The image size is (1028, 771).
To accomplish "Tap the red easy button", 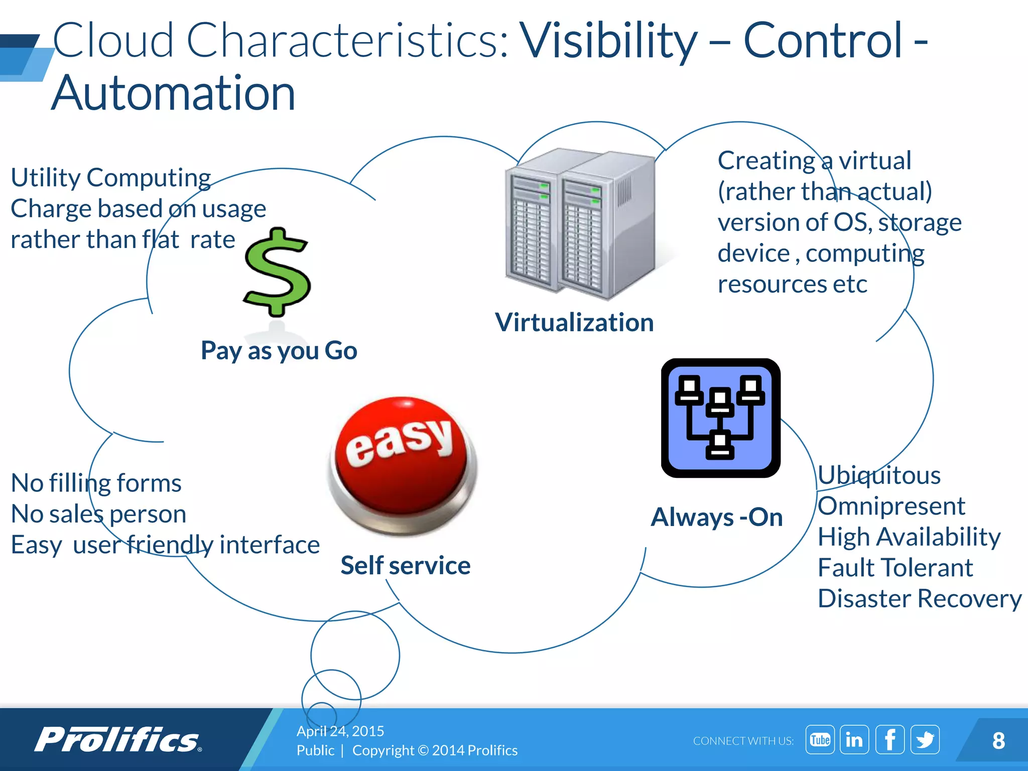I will [x=402, y=464].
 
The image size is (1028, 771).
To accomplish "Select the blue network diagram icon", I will [x=720, y=418].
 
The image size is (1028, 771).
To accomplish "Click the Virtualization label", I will [x=574, y=322].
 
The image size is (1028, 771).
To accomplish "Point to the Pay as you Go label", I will [x=279, y=350].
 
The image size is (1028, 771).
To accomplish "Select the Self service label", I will [x=406, y=566].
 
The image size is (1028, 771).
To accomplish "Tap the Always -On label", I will [x=717, y=517].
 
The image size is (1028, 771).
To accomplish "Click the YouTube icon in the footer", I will [x=820, y=739].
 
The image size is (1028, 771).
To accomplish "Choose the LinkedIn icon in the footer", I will [x=854, y=739].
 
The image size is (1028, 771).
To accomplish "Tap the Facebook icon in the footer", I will [x=889, y=739].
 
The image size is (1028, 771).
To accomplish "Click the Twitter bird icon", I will [x=925, y=739].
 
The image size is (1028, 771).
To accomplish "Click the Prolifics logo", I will [x=118, y=740].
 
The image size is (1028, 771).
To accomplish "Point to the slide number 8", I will [x=998, y=740].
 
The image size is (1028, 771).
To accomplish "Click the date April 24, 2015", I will [x=340, y=731].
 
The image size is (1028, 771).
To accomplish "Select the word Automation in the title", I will [x=173, y=93].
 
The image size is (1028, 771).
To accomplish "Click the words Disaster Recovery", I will [x=920, y=599].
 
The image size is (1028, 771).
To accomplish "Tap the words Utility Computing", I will [x=111, y=178].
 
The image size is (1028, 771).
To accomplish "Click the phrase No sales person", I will [x=99, y=514].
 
